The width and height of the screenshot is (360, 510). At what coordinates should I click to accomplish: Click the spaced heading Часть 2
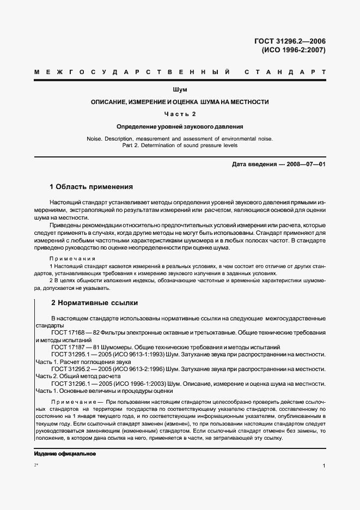180,114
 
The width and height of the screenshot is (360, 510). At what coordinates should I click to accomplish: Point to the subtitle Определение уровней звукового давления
180,126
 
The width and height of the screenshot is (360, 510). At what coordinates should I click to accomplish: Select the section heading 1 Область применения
91,186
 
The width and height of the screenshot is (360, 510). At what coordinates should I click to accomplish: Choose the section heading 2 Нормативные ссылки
94,302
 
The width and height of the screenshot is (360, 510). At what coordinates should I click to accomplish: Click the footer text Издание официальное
65,453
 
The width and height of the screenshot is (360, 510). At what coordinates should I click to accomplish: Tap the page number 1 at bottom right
324,466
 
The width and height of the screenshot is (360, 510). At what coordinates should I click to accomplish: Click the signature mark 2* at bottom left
36,465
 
